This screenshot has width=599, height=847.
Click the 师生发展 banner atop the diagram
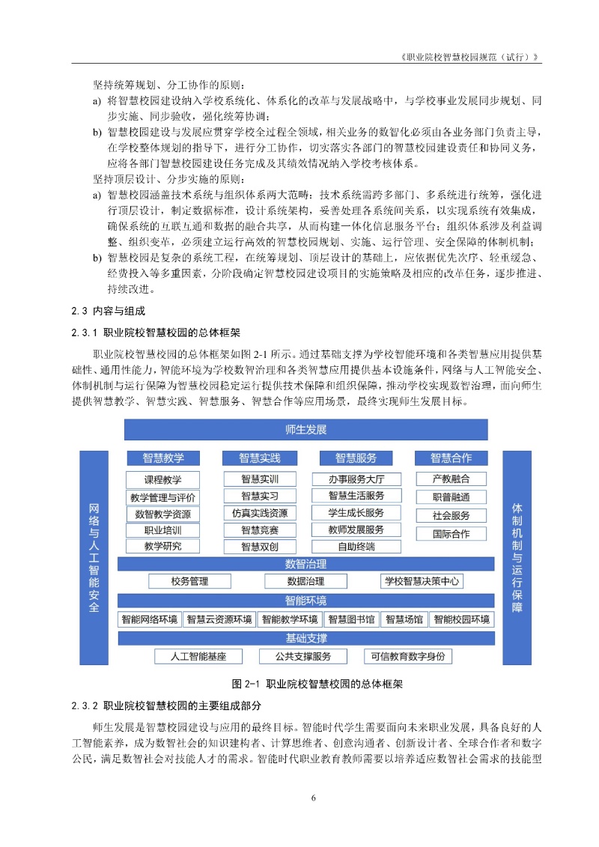click(x=305, y=430)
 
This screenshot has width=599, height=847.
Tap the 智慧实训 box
click(x=259, y=479)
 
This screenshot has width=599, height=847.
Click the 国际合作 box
click(x=451, y=534)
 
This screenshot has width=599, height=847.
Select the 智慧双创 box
click(x=259, y=547)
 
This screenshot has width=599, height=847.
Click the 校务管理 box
click(x=189, y=581)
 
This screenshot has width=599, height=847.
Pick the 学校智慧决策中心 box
click(x=422, y=581)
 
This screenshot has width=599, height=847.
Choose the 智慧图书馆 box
click(x=351, y=619)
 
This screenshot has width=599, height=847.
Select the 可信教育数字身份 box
click(x=408, y=657)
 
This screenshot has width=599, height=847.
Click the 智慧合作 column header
click(x=451, y=458)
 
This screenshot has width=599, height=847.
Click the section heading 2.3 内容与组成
click(x=107, y=311)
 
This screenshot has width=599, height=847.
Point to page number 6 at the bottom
click(x=313, y=797)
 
